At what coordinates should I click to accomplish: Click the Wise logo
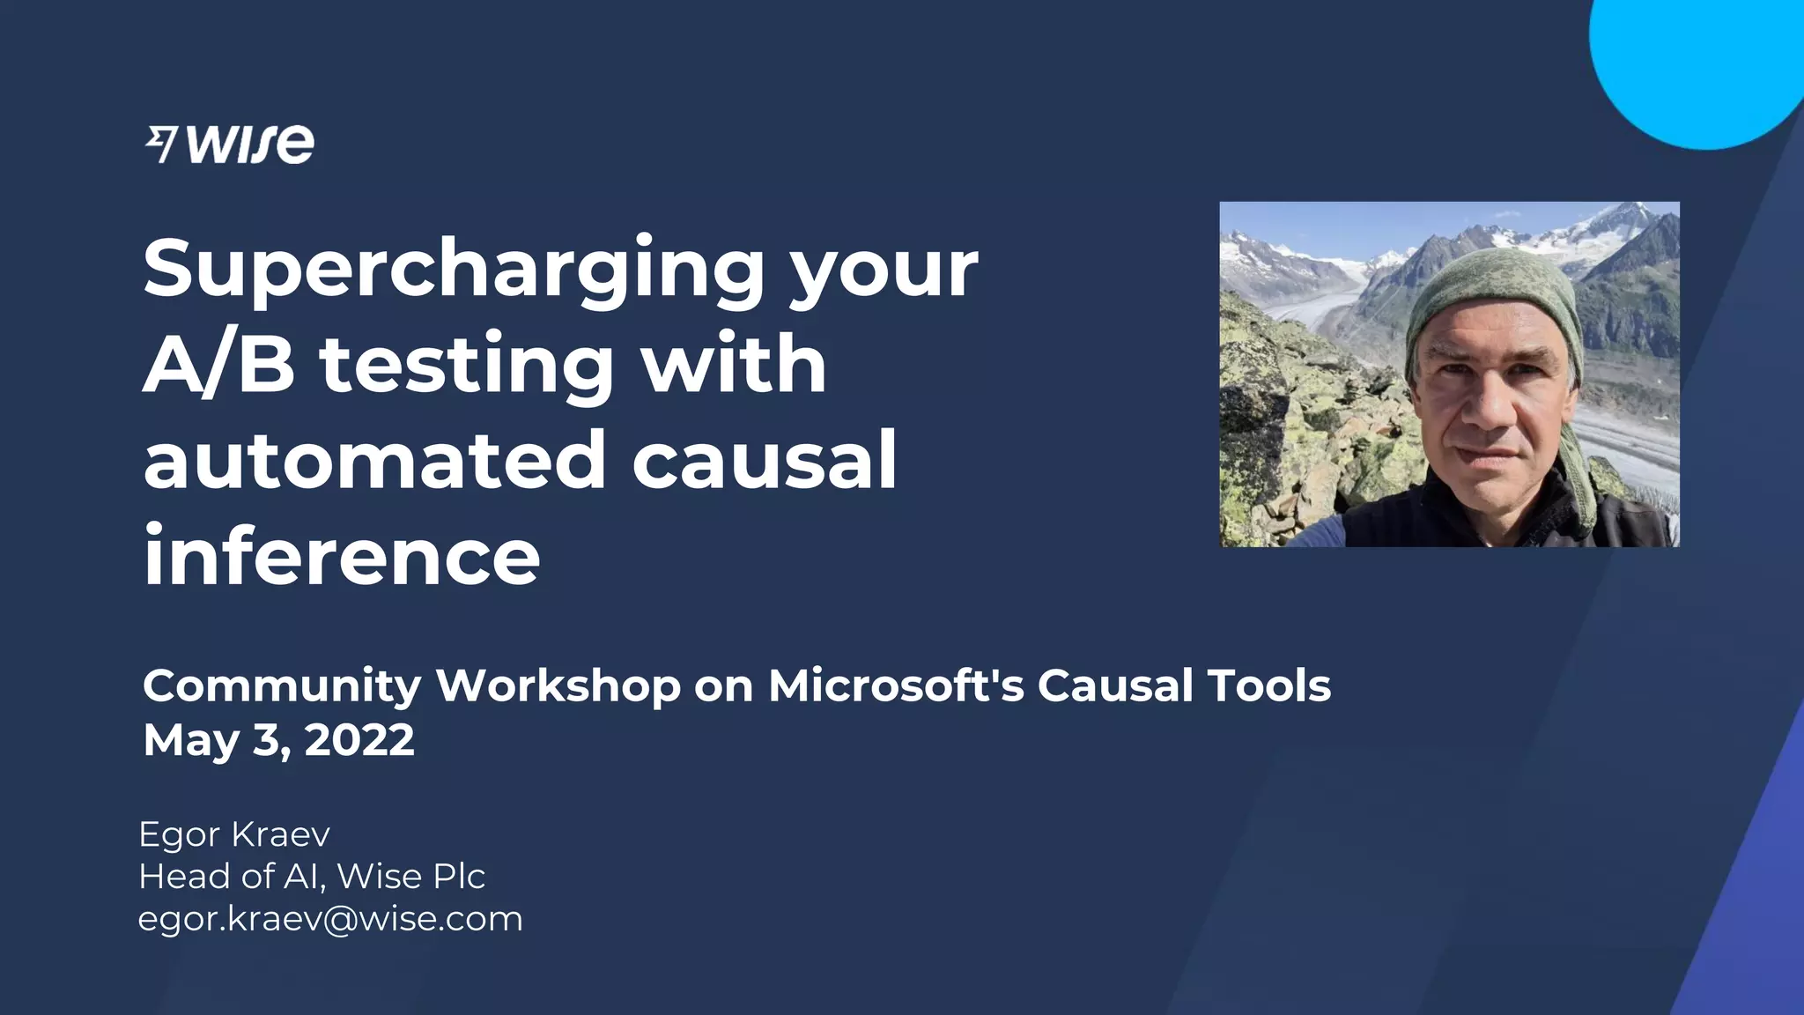coord(229,144)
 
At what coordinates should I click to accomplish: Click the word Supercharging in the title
coord(454,269)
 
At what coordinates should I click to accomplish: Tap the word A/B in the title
coord(218,365)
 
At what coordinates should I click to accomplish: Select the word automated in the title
coord(374,460)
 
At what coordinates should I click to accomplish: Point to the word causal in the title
coord(765,460)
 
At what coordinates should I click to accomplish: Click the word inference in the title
coord(342,556)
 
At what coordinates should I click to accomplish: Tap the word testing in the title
coord(467,365)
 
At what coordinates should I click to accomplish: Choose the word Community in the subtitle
coord(282,686)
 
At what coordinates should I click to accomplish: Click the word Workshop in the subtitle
coord(558,686)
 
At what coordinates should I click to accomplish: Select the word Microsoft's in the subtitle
coord(896,686)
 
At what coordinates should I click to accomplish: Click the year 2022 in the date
coord(359,740)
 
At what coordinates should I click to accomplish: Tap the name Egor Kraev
coord(234,833)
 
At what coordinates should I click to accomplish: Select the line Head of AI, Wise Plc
coord(312,876)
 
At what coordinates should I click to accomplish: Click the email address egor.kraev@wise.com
coord(330,919)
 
